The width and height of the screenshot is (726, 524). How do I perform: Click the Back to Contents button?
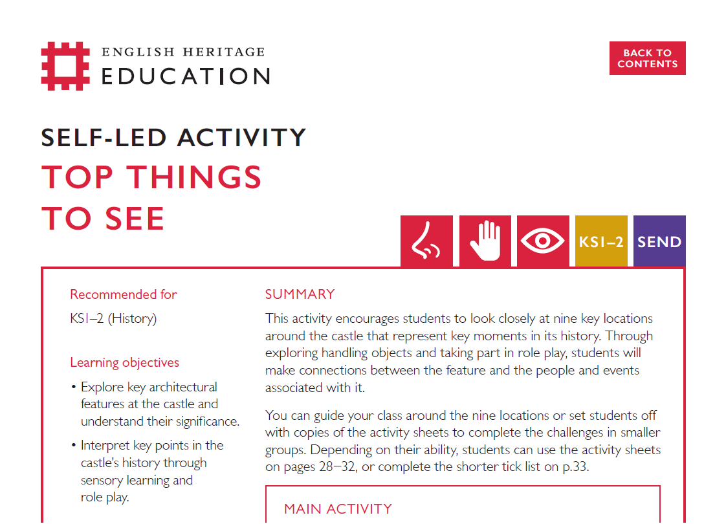tap(647, 58)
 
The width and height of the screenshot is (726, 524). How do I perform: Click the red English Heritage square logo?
tap(65, 65)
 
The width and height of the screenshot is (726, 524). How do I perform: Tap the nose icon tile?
tap(426, 241)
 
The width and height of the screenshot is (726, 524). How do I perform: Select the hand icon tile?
tap(485, 241)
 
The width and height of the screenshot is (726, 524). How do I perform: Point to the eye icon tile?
tap(543, 241)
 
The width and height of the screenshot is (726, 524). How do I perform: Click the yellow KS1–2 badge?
tap(601, 241)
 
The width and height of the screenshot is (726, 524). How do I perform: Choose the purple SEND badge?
tap(659, 241)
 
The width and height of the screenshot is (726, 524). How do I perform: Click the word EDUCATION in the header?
tap(186, 76)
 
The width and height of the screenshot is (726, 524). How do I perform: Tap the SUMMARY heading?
tap(300, 294)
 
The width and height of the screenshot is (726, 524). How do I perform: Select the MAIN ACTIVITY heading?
tap(338, 509)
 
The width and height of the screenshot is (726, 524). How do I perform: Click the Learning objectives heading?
tap(124, 362)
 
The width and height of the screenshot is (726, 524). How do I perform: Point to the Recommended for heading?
tap(123, 294)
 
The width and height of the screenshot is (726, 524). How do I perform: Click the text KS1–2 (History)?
tap(113, 318)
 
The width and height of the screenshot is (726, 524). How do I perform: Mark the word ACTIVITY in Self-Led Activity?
tap(242, 138)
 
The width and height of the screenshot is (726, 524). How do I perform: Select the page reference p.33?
tap(573, 466)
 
